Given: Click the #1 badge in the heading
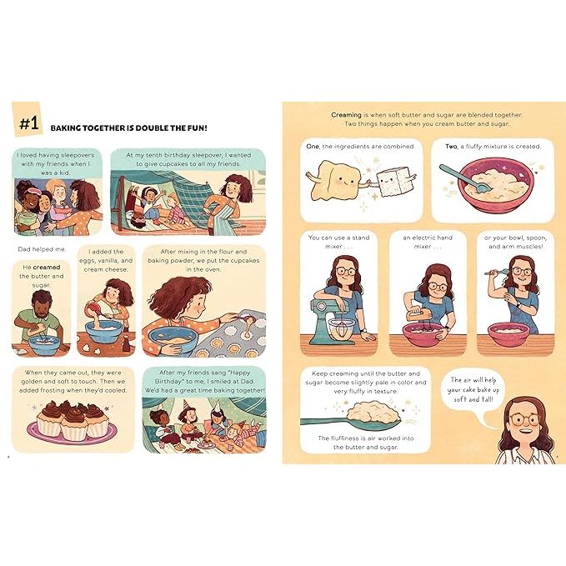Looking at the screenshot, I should tap(28, 123).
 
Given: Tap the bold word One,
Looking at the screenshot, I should tap(313, 146).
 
